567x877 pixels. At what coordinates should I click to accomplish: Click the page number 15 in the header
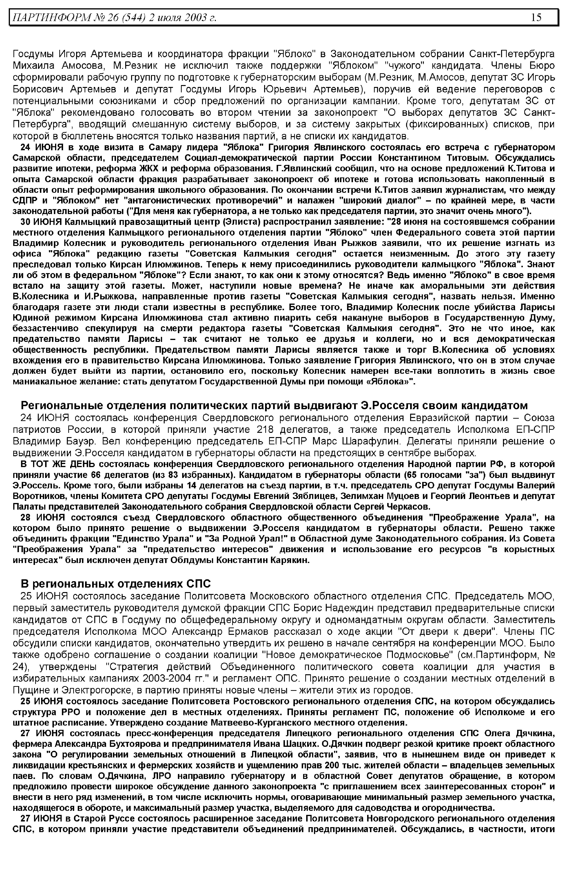536,17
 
